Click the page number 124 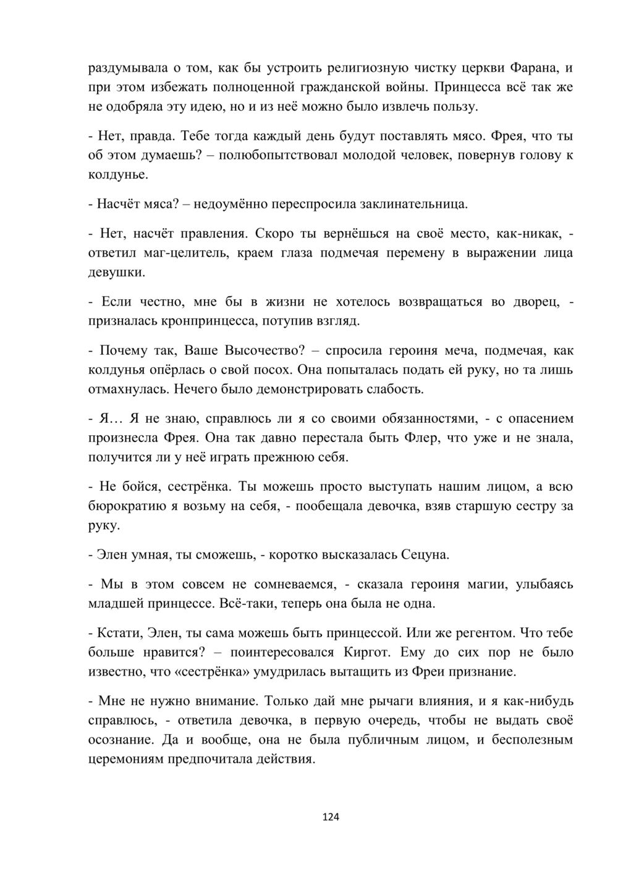[x=331, y=817]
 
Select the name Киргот [x=368, y=652]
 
